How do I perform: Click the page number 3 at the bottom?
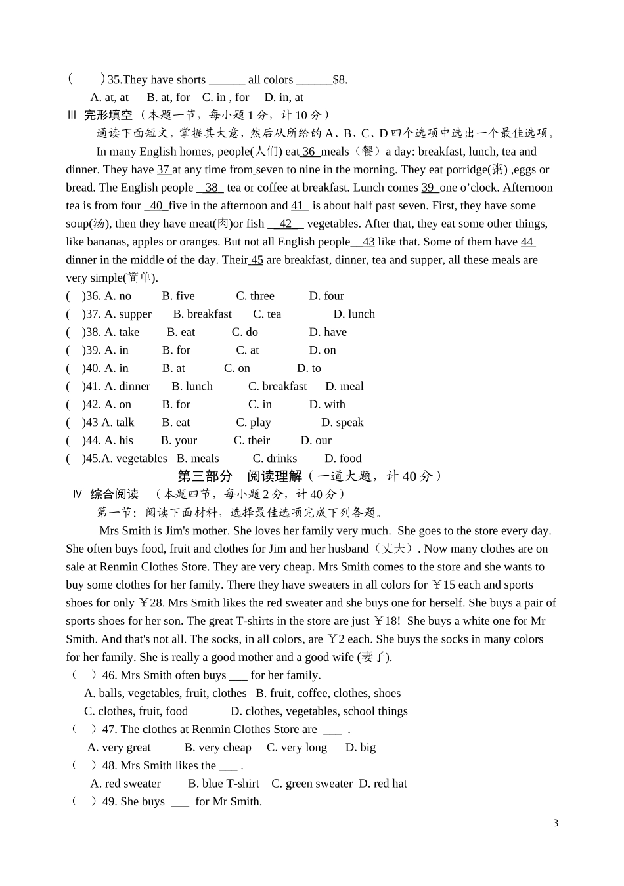click(x=556, y=823)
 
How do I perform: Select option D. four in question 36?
click(x=326, y=296)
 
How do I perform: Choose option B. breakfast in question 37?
click(x=202, y=314)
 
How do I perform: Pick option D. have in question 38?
click(x=328, y=332)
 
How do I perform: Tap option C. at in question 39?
click(x=248, y=350)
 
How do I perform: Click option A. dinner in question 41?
click(x=127, y=387)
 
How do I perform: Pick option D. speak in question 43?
click(x=342, y=423)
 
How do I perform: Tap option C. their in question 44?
click(x=252, y=440)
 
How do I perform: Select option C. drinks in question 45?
click(x=275, y=459)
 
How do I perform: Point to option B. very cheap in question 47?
click(x=217, y=748)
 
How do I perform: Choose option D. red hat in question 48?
click(x=383, y=784)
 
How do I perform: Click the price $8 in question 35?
click(x=340, y=80)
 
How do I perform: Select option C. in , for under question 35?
click(x=225, y=98)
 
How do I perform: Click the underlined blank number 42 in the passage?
click(x=286, y=224)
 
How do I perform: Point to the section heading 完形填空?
click(x=108, y=116)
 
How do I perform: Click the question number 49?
click(x=109, y=801)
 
